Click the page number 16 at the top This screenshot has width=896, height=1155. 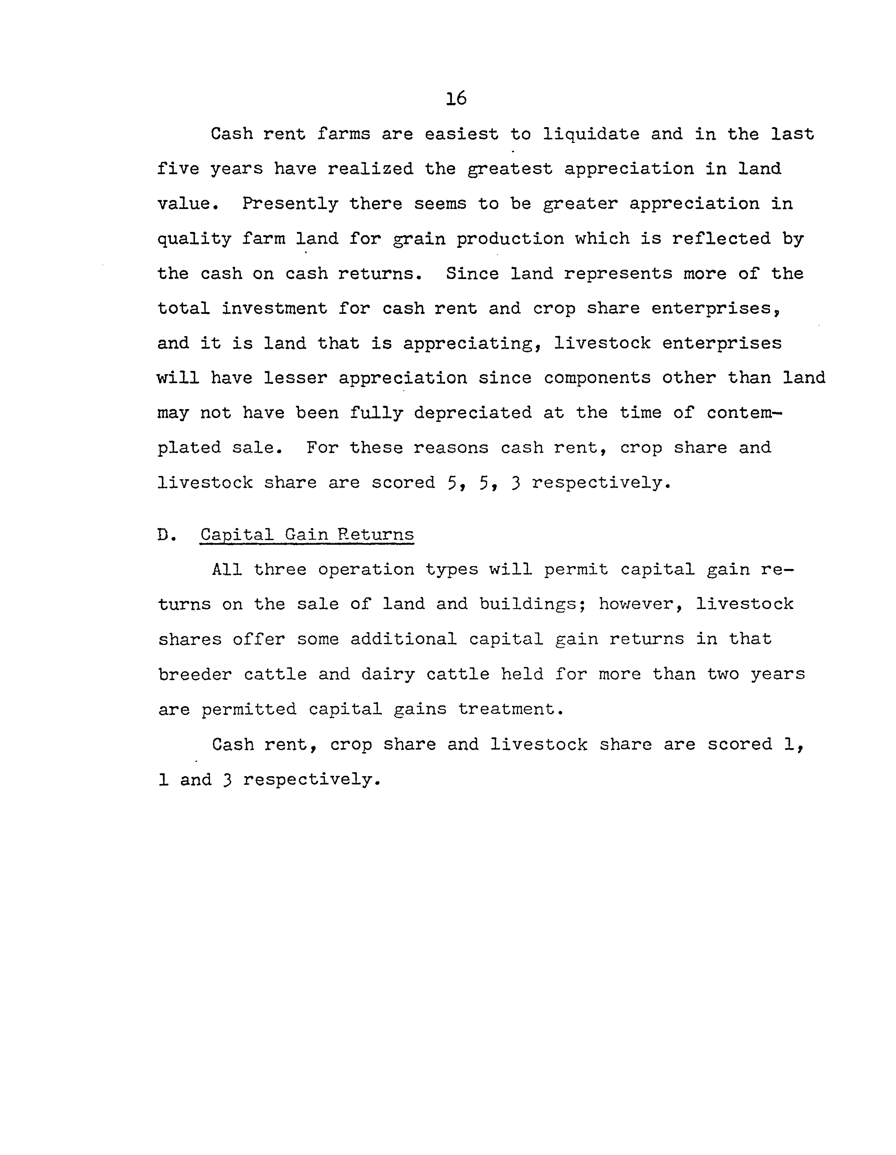(x=456, y=98)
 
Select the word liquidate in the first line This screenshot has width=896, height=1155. (x=591, y=134)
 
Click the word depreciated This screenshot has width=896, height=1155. (x=473, y=413)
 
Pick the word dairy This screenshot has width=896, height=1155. (x=388, y=674)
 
